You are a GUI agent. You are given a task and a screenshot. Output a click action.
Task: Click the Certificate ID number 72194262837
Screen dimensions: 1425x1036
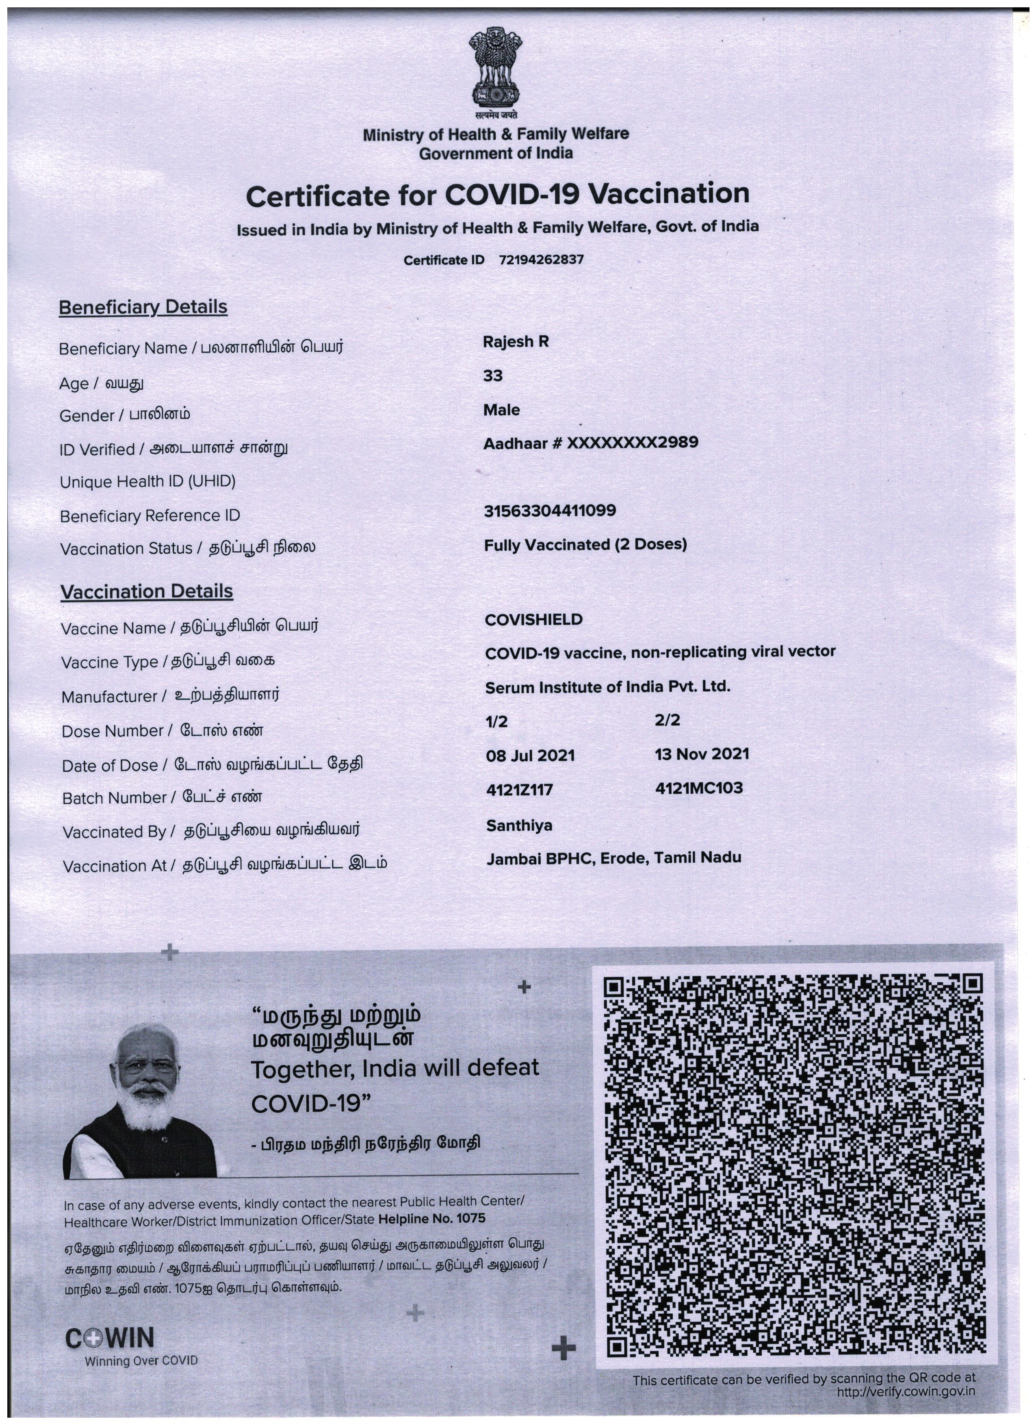click(541, 260)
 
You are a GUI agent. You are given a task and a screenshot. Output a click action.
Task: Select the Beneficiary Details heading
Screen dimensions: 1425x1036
click(143, 307)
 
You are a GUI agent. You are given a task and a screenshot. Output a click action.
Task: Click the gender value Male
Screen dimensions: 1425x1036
click(501, 409)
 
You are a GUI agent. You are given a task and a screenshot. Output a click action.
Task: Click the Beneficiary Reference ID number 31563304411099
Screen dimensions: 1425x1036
click(550, 511)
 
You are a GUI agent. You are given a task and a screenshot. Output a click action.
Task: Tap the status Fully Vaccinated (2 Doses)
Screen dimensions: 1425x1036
click(585, 545)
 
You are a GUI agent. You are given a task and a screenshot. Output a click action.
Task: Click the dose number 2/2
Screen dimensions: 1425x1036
click(667, 721)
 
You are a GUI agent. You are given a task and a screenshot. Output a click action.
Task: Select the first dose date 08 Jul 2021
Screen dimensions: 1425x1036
click(530, 755)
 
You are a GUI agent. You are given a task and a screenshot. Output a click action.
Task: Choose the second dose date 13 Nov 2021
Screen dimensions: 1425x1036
click(702, 754)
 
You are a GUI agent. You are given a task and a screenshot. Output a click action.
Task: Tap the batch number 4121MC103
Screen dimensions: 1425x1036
click(699, 788)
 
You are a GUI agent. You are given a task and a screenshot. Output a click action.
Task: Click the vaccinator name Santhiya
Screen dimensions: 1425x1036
click(519, 825)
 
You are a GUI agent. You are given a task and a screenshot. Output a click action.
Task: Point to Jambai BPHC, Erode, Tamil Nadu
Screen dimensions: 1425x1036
click(614, 858)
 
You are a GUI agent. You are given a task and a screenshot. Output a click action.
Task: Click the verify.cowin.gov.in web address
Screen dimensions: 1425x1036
click(906, 1391)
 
